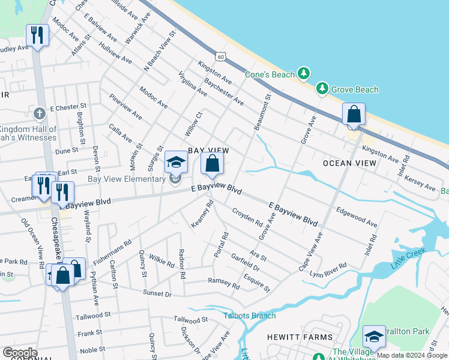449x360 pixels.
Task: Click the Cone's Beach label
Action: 270,74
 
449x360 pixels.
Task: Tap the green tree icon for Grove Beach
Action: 322,89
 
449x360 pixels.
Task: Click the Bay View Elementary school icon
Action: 176,162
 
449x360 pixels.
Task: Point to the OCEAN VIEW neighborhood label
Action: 349,163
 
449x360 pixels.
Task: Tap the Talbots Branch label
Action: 250,316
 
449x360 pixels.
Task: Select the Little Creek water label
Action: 406,262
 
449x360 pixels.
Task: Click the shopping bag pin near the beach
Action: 354,115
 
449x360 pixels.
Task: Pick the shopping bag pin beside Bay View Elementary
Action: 212,163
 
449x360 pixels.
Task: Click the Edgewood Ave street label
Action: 357,217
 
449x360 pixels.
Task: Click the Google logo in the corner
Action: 20,353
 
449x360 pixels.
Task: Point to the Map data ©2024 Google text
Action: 412,355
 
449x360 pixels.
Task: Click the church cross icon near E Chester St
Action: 40,113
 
